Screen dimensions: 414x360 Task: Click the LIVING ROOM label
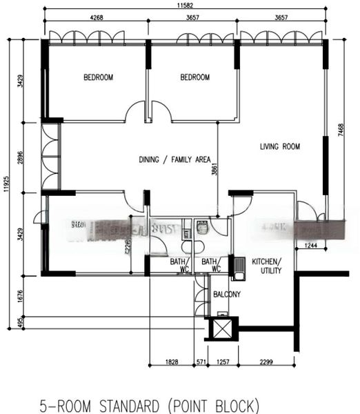click(x=280, y=146)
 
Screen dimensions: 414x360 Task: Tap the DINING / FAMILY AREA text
click(x=174, y=159)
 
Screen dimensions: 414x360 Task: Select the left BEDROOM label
click(x=98, y=77)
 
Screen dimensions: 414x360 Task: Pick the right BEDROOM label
click(x=194, y=77)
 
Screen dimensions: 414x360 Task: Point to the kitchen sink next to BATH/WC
click(x=239, y=268)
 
